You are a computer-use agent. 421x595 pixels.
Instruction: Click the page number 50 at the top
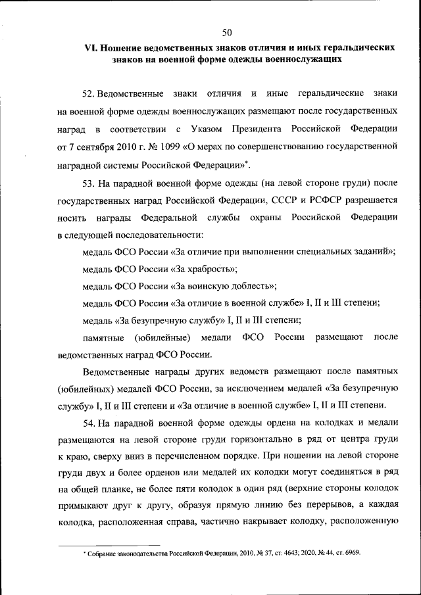pyautogui.click(x=227, y=32)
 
